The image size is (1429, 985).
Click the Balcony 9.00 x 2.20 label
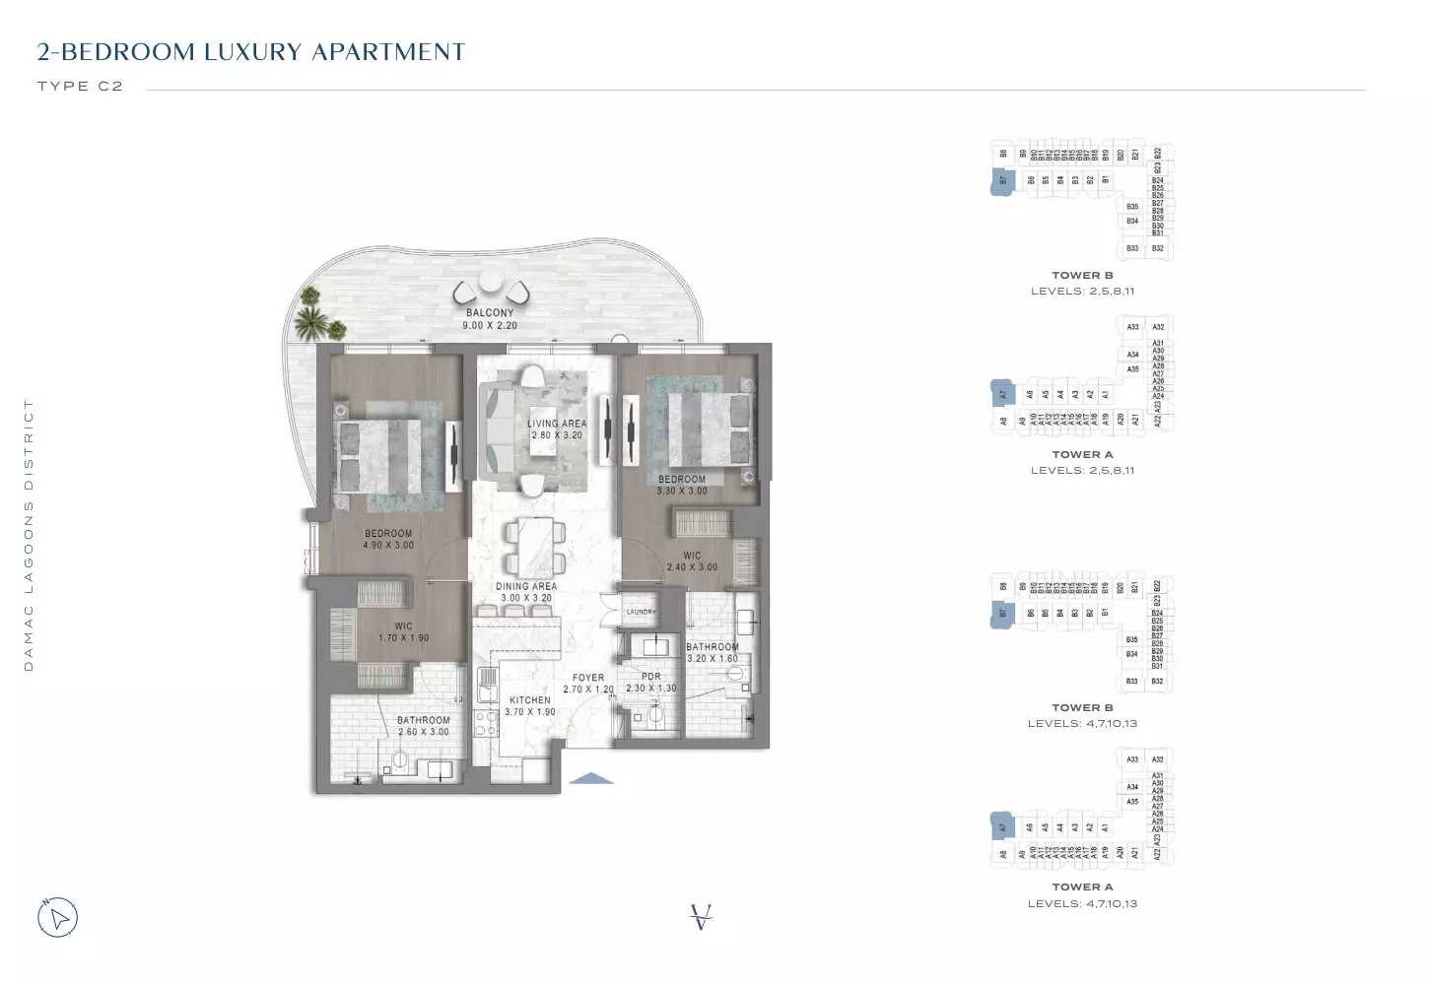coord(490,319)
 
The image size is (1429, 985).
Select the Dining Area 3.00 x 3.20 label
coord(525,592)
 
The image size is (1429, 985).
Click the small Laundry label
coord(641,612)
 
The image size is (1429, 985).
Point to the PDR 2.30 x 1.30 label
coord(650,683)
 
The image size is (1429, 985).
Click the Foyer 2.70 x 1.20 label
coord(588,684)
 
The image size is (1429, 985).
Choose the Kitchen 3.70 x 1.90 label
coord(530,706)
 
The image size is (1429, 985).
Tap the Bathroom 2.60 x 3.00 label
coord(423,726)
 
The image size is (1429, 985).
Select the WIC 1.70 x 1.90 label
coord(403,632)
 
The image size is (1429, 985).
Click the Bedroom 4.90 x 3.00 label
coord(388,539)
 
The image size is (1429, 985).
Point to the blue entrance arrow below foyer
coord(592,778)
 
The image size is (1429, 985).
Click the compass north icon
coord(58,918)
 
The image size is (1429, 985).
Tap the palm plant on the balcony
coord(313,315)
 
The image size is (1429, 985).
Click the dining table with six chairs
coord(535,548)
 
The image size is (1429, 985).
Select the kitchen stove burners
coord(486,724)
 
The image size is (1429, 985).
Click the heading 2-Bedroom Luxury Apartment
coord(250,52)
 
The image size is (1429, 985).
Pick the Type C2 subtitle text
coord(80,87)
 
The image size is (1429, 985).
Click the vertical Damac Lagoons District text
coord(29,535)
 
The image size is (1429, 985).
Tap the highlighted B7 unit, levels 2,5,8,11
coord(1003,180)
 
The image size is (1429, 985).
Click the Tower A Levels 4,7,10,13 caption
coord(1082,895)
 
